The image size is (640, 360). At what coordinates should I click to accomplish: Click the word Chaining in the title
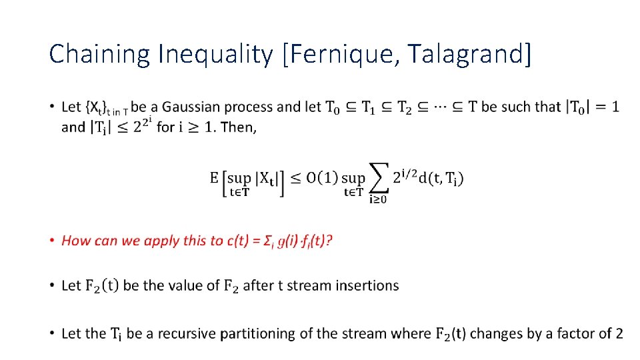coord(100,54)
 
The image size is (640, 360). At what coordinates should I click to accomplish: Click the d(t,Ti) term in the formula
coord(441,178)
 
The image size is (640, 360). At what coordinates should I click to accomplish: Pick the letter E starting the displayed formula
coord(214,178)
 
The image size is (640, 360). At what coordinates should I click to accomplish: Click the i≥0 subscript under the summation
coord(378,198)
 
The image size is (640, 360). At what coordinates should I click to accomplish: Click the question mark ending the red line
coord(330,241)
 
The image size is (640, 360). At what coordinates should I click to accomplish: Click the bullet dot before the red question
coord(52,241)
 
